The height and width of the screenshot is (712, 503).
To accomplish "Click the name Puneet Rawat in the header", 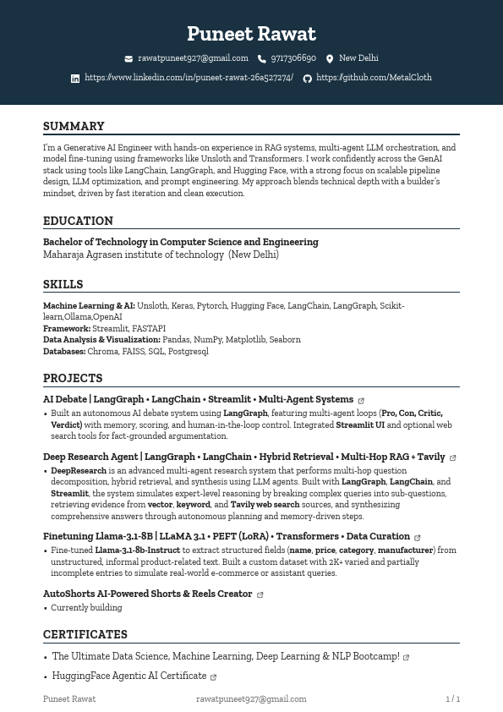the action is [251, 34].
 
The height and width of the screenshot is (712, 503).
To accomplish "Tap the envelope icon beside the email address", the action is [128, 59].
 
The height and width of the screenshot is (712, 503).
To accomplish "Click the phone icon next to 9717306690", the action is [262, 59].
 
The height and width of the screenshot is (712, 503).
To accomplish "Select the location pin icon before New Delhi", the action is [330, 59].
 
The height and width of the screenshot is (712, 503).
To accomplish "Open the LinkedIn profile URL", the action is [189, 78].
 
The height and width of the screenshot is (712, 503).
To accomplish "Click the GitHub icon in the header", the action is [307, 79].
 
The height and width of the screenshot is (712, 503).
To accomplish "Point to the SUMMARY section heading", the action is [74, 126].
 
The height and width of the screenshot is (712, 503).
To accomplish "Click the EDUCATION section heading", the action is [78, 221].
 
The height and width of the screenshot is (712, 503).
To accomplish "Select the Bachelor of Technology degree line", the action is [180, 242].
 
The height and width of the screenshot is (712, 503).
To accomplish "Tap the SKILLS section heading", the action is [63, 284].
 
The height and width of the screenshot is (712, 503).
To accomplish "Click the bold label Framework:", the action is [67, 328].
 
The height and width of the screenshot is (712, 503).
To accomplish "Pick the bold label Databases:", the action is [64, 351].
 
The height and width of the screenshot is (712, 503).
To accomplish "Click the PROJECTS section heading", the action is [73, 378].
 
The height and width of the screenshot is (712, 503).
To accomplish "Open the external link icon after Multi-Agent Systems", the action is [361, 401].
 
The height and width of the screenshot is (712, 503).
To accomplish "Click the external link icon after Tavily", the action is [453, 458].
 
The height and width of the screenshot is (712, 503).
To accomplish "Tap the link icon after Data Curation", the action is [418, 538].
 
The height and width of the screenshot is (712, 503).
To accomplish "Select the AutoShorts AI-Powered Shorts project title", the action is [148, 594].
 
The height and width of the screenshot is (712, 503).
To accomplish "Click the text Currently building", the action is [86, 607].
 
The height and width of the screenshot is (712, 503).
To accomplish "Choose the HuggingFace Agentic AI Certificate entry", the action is [128, 676].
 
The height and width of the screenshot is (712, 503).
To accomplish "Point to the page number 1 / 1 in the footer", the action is [452, 699].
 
